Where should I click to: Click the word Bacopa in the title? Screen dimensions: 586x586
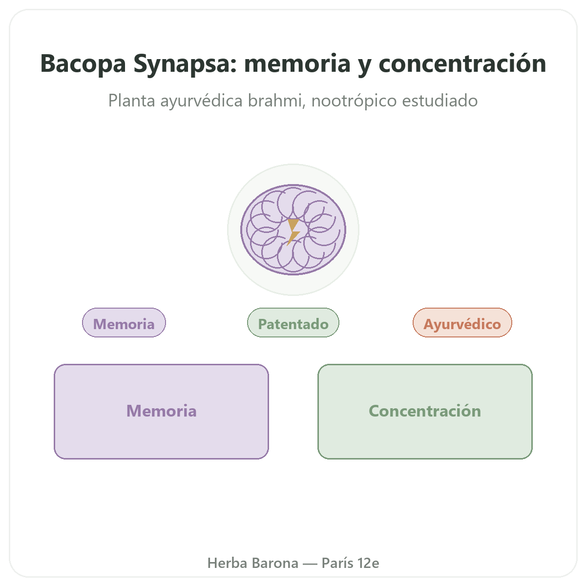pos(83,63)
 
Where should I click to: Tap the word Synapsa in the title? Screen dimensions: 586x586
pos(185,64)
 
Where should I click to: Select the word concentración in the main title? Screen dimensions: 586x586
pos(462,63)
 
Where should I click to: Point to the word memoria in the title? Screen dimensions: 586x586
pos(297,63)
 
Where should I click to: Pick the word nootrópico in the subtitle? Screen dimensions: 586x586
pos(354,101)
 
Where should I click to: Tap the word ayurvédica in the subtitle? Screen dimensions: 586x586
pos(201,101)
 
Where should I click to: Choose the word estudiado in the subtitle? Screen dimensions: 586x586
pos(440,101)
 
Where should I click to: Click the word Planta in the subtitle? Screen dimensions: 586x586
pos(132,101)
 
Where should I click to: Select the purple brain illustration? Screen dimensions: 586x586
pos(293,230)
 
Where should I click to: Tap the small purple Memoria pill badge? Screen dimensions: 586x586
pos(124,322)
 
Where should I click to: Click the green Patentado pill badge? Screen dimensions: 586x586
pos(293,322)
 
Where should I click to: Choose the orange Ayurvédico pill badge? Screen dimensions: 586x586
pos(462,322)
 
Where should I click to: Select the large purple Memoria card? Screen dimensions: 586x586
pos(161,412)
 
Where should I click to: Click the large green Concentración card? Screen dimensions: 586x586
pos(425,412)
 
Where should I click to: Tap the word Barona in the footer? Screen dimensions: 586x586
pos(275,563)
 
